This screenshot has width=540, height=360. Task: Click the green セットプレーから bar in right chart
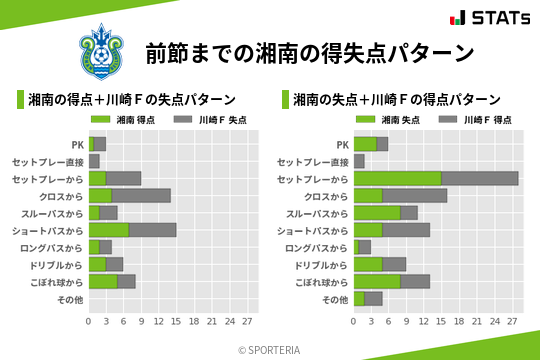[x=397, y=178]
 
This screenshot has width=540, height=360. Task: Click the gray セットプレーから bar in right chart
[x=479, y=178]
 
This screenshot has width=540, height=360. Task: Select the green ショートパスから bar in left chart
[x=109, y=230]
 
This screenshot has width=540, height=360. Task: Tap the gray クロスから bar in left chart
[x=141, y=195]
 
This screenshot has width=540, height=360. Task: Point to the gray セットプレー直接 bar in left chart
[x=94, y=161]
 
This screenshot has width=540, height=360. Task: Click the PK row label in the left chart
[x=77, y=144]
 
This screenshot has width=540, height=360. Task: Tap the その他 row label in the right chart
[x=335, y=299]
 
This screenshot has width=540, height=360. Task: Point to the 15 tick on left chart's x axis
[x=176, y=322]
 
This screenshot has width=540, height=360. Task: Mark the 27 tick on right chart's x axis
[x=512, y=322]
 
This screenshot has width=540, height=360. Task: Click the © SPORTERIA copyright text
[x=269, y=349]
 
